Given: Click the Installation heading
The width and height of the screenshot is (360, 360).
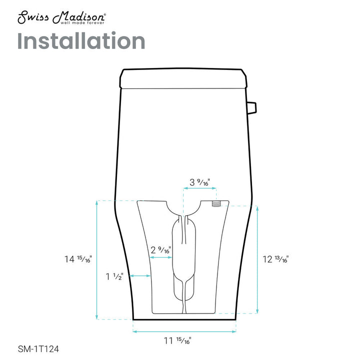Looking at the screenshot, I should (81, 41).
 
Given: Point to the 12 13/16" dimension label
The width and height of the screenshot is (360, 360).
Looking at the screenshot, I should (275, 259).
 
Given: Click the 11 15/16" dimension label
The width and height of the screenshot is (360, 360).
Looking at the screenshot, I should (177, 341).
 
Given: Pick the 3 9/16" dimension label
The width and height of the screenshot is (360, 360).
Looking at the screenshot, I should (200, 182).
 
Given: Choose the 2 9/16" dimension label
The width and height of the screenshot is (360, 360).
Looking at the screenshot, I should (161, 249).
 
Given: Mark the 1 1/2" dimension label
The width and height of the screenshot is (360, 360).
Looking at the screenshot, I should (114, 276).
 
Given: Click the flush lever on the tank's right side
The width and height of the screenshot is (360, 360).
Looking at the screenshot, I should (252, 106).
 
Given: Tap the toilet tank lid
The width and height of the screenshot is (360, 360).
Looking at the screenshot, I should (183, 77).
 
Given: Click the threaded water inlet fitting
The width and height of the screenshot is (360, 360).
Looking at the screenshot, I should (216, 204).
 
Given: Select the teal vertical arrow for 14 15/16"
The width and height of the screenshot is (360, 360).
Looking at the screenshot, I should (96, 259).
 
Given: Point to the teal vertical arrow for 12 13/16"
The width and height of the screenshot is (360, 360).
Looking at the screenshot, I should (257, 259).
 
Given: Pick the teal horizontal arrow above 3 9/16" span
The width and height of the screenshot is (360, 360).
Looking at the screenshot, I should (200, 188).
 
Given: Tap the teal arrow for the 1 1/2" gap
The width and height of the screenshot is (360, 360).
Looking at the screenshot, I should (140, 275).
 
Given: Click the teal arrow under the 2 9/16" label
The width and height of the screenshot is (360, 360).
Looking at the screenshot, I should (161, 257).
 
